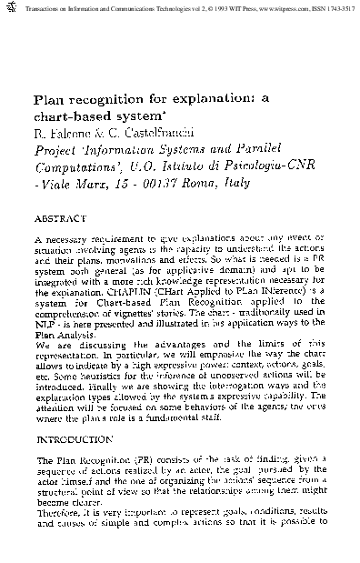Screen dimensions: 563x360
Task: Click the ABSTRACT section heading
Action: [x=59, y=219]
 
